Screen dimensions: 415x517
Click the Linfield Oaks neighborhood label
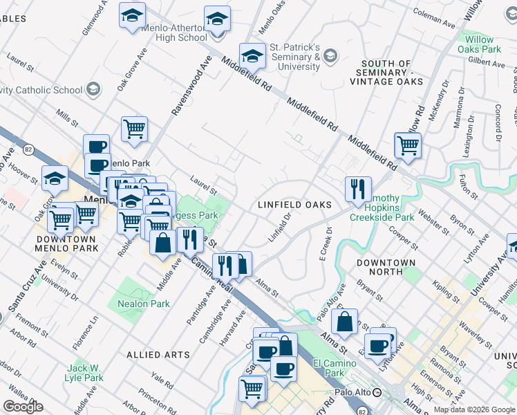pyautogui.click(x=295, y=205)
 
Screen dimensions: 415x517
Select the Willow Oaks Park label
pyautogui.click(x=479, y=44)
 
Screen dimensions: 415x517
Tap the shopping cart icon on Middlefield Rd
pyautogui.click(x=408, y=145)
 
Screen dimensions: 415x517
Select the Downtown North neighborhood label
pyautogui.click(x=386, y=268)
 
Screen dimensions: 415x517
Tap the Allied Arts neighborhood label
pyautogui.click(x=158, y=355)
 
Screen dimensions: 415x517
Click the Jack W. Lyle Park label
pyautogui.click(x=85, y=373)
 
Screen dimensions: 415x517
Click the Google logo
pyautogui.click(x=23, y=407)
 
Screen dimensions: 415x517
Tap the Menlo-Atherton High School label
pyautogui.click(x=173, y=33)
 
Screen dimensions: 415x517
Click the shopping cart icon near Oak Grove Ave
pyautogui.click(x=134, y=129)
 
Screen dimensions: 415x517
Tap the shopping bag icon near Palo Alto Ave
pyautogui.click(x=344, y=322)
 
